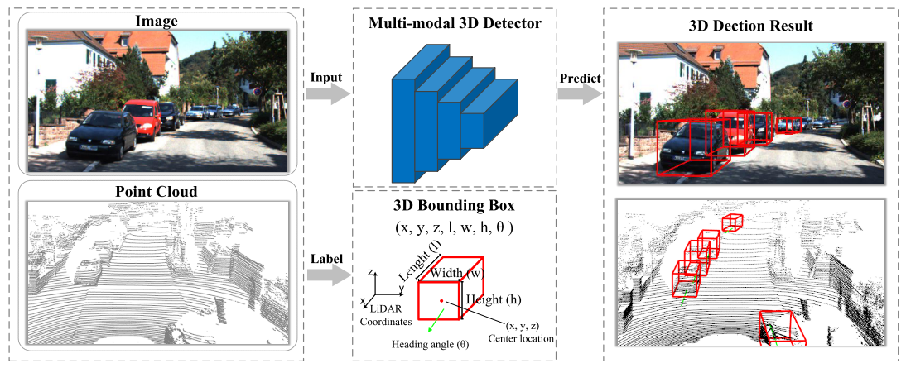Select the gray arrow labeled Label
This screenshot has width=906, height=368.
coord(325,275)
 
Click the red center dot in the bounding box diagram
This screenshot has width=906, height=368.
coord(441,301)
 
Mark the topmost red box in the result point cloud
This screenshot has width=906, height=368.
coord(731,222)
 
